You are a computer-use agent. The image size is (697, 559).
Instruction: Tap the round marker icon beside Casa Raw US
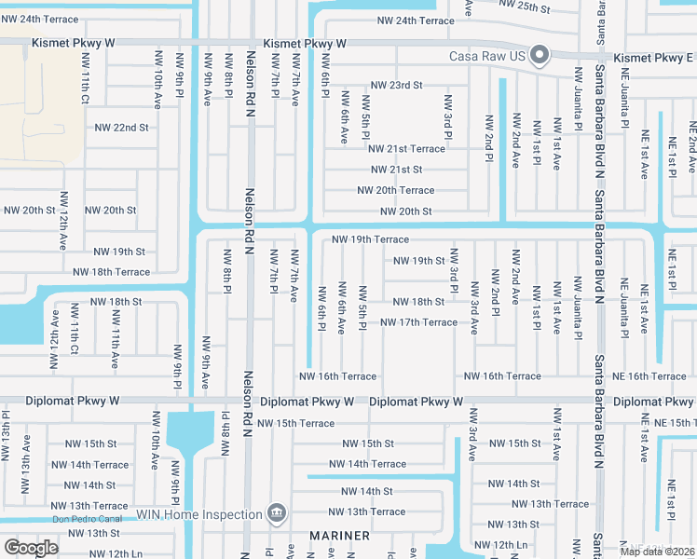(x=540, y=57)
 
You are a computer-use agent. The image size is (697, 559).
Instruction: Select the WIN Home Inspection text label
(x=198, y=514)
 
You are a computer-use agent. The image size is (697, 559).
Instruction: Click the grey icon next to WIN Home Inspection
(x=276, y=513)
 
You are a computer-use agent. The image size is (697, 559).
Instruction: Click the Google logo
(x=31, y=548)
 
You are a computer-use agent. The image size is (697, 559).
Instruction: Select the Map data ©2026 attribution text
(x=658, y=552)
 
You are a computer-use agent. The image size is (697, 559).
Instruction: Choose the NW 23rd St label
(x=396, y=85)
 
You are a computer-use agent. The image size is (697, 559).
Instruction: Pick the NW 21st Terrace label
(x=406, y=149)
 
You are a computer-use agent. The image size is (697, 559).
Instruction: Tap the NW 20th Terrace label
(x=395, y=191)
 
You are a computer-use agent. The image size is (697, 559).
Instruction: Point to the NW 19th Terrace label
(x=371, y=240)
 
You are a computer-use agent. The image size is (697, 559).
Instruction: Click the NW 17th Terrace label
(x=418, y=322)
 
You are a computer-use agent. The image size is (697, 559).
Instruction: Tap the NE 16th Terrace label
(x=650, y=376)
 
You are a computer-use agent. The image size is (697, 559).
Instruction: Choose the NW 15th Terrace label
(x=295, y=423)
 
